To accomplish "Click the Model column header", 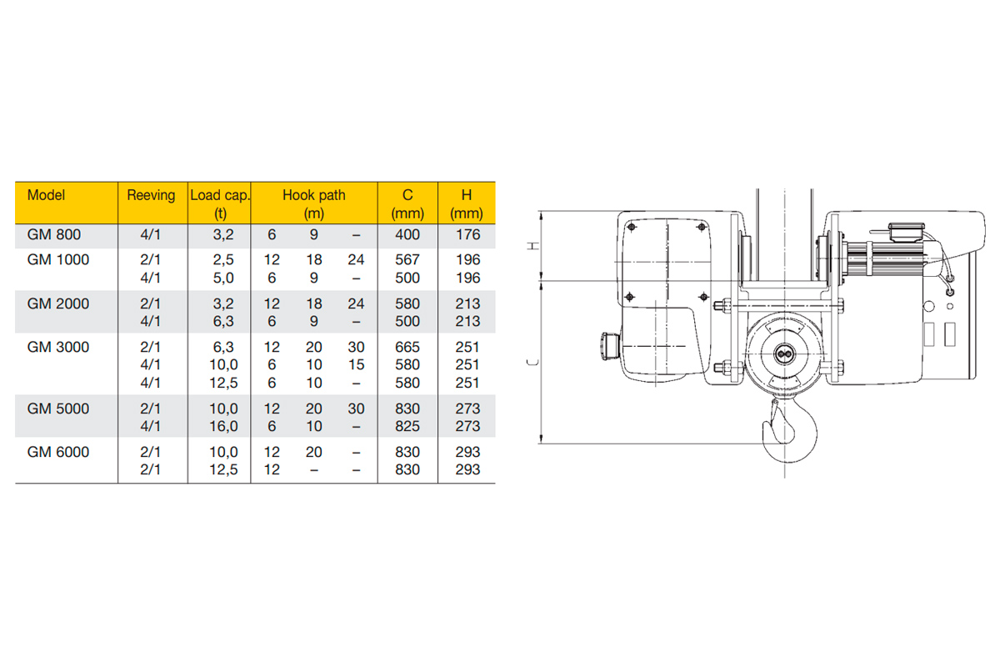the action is click(46, 195).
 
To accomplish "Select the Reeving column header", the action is click(151, 196).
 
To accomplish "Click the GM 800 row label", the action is click(54, 234).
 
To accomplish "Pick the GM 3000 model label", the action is click(58, 347).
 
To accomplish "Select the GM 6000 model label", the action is click(58, 452).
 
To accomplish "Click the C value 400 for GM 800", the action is click(407, 234).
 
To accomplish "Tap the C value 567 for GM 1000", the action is click(407, 259).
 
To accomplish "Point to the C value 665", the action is click(407, 347).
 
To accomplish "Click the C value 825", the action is click(407, 426).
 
